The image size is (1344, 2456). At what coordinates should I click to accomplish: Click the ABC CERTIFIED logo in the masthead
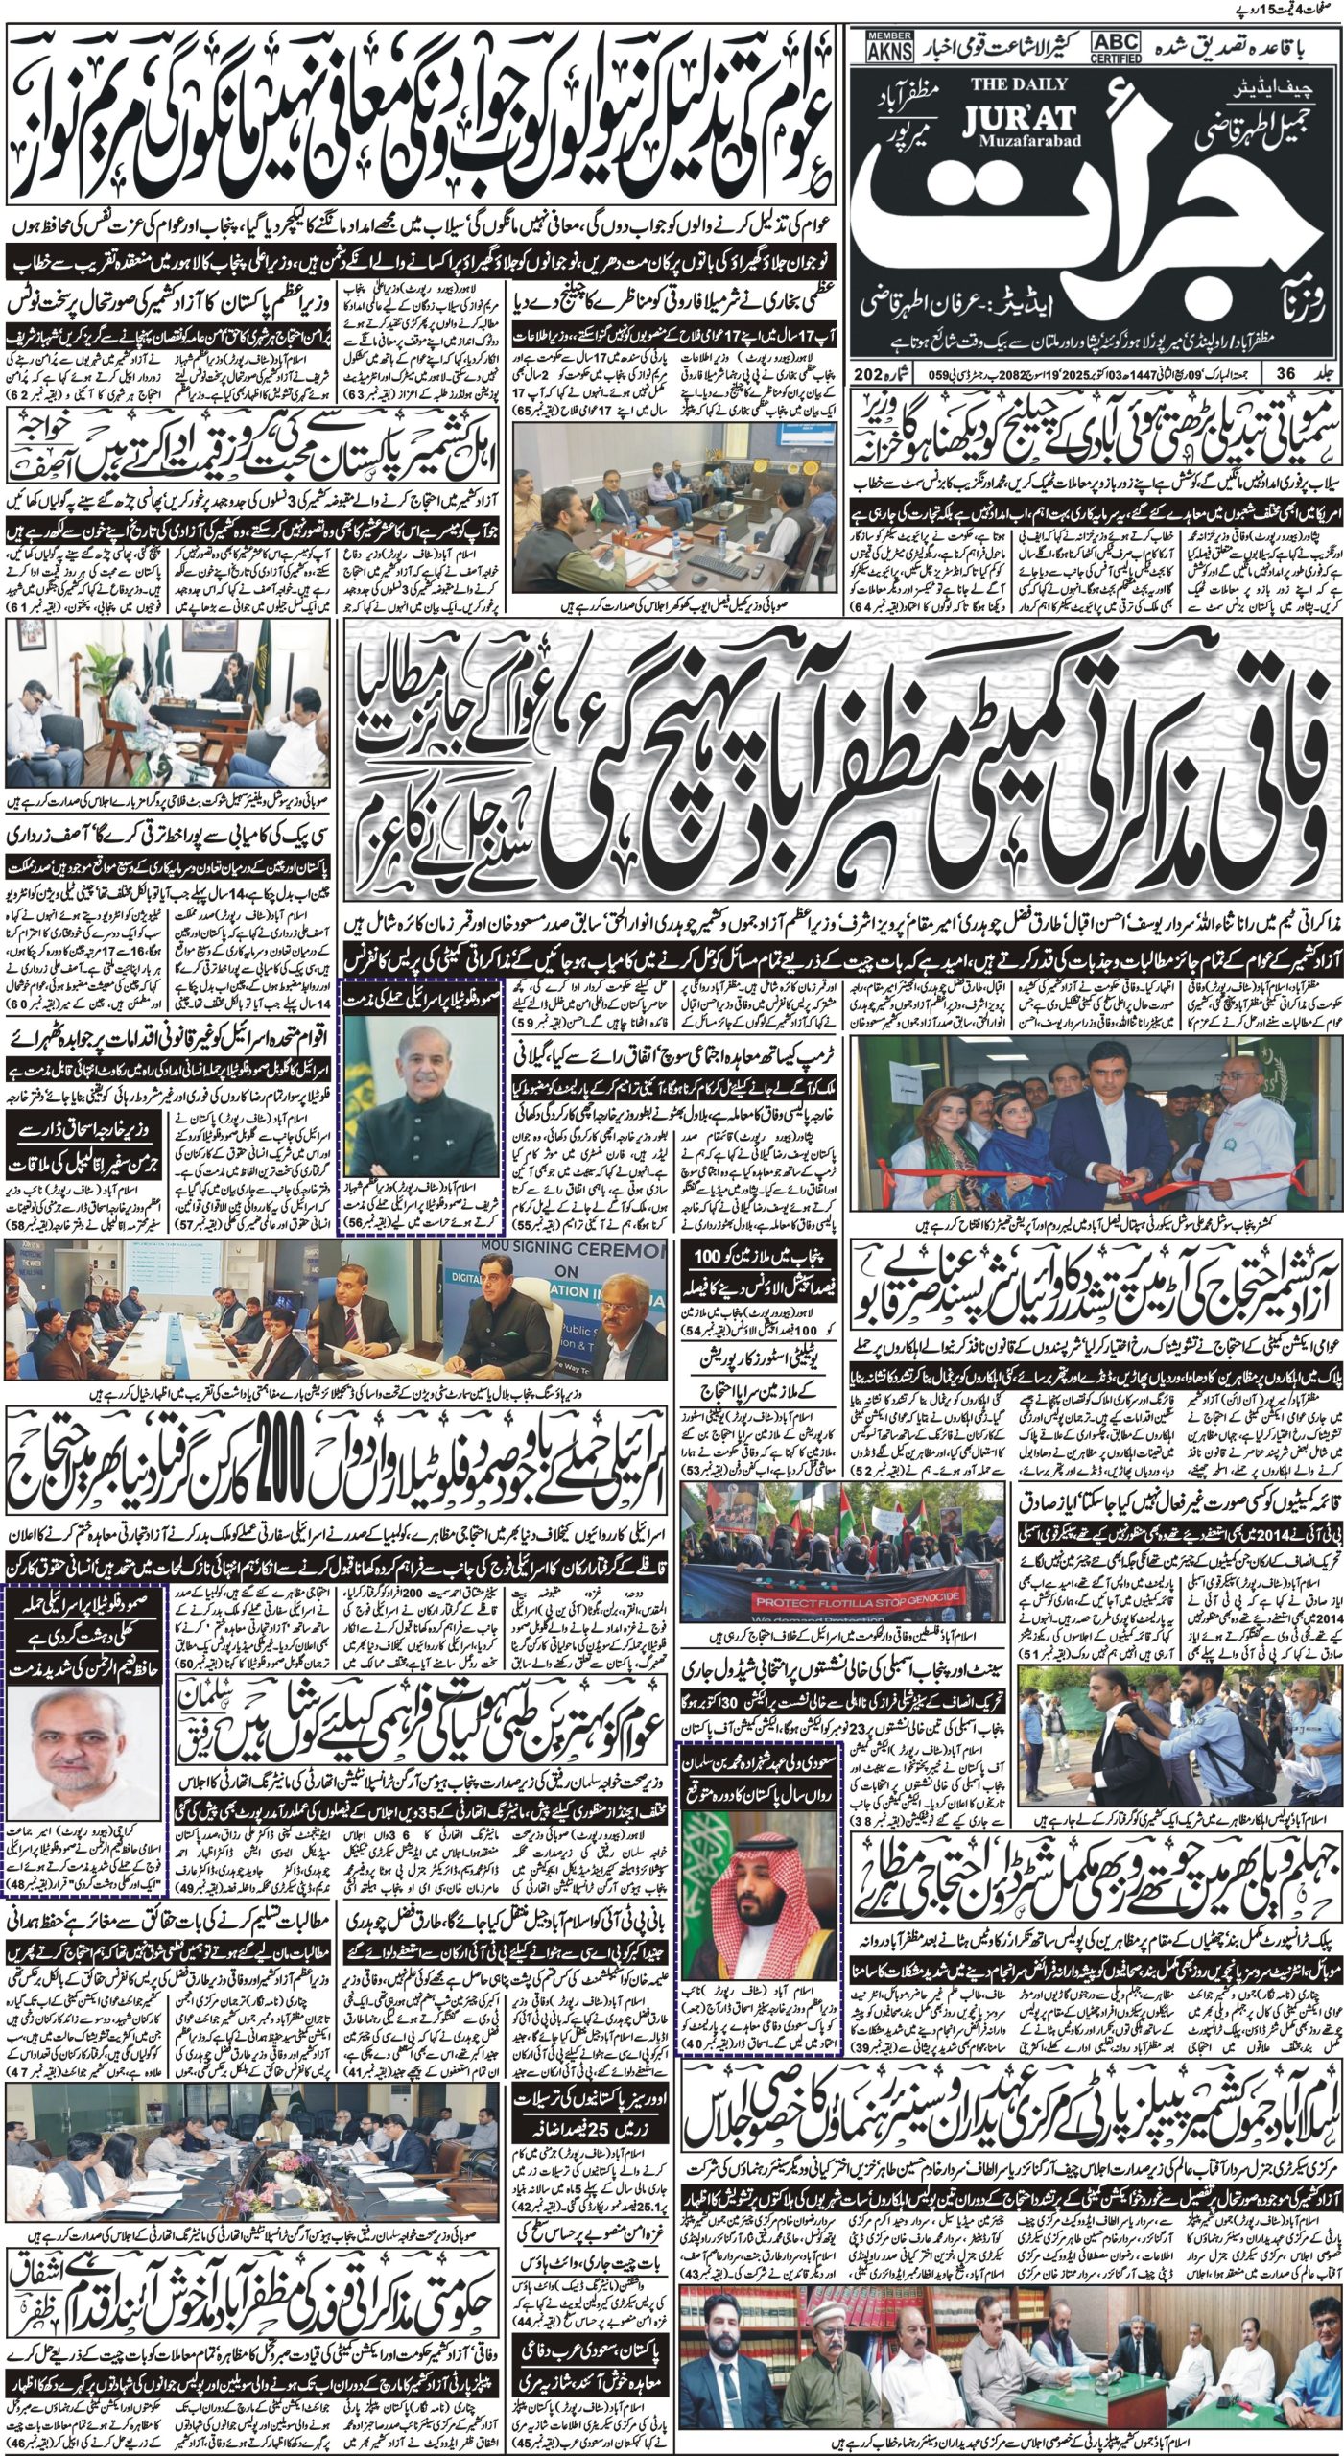[1114, 44]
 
